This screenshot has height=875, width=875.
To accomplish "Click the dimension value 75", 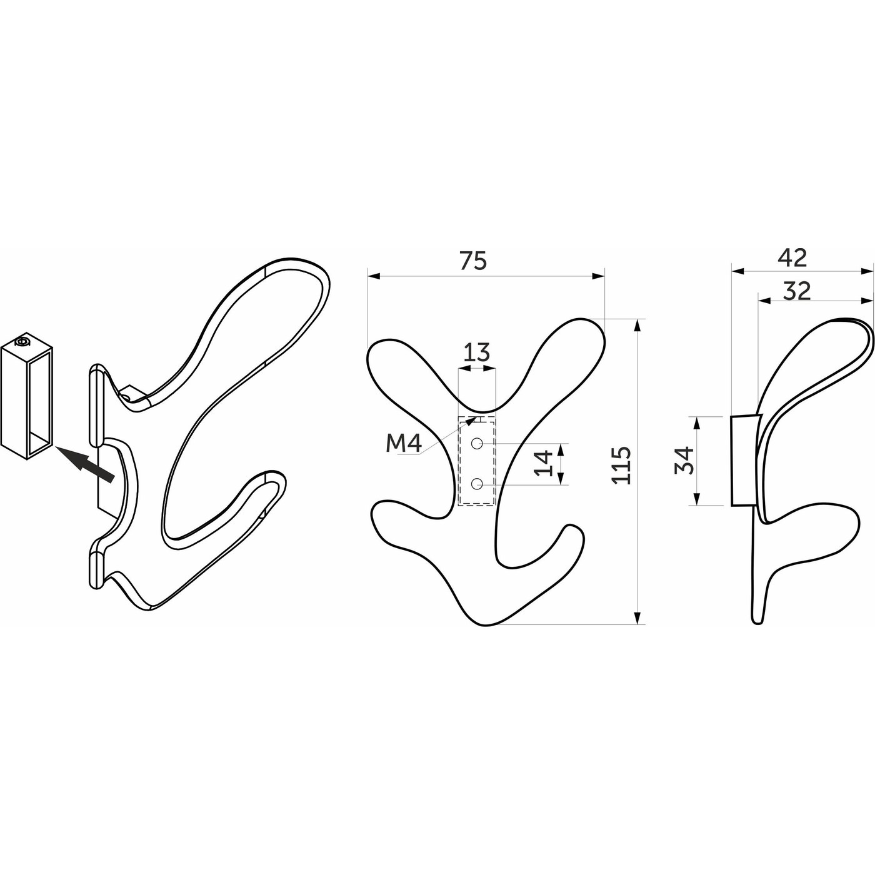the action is tap(473, 261).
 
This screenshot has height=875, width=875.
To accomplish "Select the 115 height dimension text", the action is tap(621, 466).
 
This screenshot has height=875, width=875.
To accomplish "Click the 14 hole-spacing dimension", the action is tap(544, 463).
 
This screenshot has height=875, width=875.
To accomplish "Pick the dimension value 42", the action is tap(792, 258).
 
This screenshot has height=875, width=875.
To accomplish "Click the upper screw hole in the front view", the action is tap(476, 443).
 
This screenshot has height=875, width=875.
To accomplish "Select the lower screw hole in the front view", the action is tap(476, 484).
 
